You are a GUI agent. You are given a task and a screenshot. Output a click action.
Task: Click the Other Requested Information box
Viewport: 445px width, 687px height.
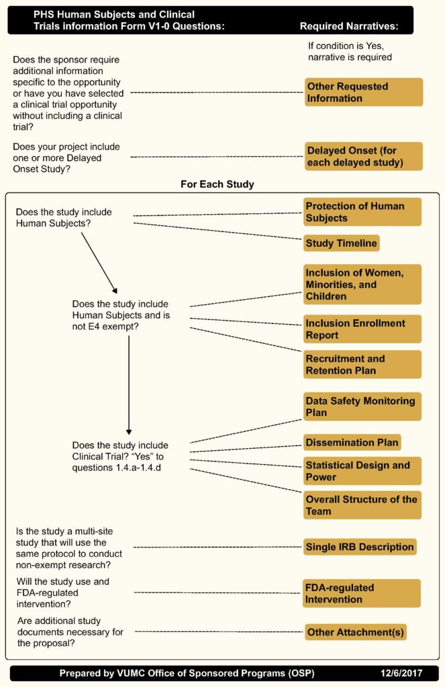tap(363, 92)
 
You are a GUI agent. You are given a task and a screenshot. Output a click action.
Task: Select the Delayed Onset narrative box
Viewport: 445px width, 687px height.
tap(363, 156)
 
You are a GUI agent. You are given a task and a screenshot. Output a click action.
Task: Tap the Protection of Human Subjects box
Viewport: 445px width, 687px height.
tap(362, 211)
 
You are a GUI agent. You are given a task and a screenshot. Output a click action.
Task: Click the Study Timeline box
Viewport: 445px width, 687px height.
tap(341, 243)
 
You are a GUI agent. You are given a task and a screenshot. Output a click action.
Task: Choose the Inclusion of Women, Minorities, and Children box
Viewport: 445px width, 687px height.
tap(362, 284)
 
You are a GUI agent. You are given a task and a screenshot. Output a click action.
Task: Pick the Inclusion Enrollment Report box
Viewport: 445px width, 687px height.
tap(362, 329)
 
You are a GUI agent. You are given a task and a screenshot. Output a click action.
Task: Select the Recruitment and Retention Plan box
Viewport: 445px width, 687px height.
tap(362, 364)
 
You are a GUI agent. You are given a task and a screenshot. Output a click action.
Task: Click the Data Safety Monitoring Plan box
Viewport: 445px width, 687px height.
tap(362, 407)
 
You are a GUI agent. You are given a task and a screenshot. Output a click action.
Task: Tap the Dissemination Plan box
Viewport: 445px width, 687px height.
tap(352, 442)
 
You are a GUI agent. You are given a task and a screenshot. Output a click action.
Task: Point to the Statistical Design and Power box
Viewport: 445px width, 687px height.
tap(362, 471)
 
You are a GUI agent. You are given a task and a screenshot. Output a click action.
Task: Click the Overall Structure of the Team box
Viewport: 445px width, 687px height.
tap(362, 505)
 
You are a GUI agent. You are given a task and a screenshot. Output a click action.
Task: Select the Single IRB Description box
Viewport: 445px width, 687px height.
tap(359, 547)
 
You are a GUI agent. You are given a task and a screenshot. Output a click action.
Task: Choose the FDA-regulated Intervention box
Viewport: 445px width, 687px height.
tap(362, 593)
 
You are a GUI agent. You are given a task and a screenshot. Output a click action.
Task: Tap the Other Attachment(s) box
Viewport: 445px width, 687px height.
tap(356, 632)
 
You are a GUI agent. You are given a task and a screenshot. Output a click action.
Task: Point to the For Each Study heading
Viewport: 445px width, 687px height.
tap(217, 184)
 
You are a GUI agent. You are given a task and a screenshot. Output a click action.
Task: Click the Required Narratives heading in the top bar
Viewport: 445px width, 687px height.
tap(348, 26)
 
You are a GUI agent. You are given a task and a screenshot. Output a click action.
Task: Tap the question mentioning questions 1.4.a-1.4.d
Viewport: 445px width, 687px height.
tap(120, 456)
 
